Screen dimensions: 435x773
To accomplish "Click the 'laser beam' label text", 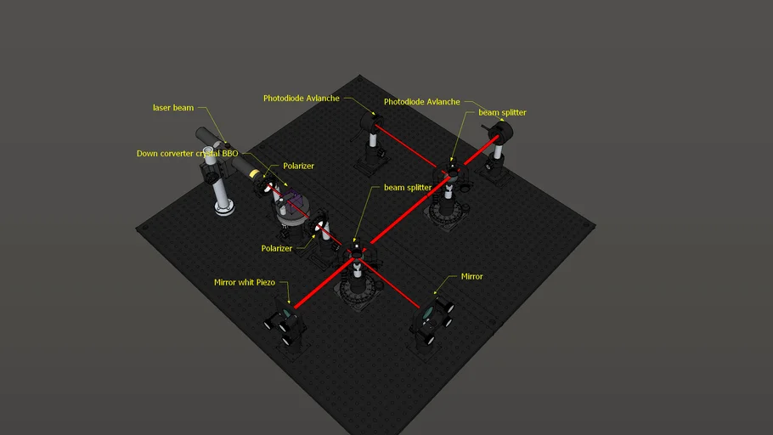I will click(x=173, y=108).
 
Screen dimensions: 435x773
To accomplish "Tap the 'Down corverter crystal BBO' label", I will click(x=187, y=154).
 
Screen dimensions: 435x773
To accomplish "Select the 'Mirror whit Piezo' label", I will click(x=250, y=282).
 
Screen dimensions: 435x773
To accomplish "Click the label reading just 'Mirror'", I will click(x=471, y=276).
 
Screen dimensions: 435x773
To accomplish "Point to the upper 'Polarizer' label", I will click(x=298, y=166).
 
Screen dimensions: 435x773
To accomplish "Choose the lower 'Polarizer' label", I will click(x=277, y=248).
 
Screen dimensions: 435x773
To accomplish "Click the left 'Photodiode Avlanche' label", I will click(x=302, y=99).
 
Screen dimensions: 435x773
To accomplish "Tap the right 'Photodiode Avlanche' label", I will click(x=422, y=102).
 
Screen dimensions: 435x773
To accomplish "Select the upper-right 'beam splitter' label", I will click(x=502, y=112).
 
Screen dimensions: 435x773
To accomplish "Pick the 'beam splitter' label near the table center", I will click(x=408, y=187).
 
